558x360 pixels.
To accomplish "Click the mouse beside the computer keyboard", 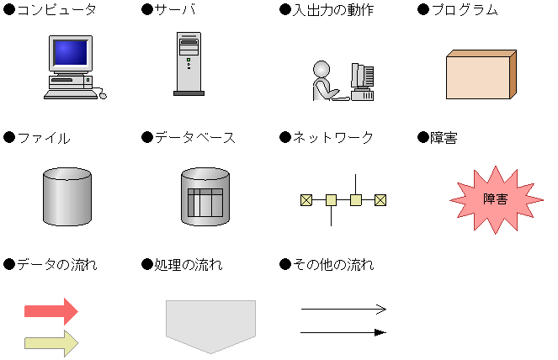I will coord(104,95).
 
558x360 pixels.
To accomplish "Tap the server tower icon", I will coord(189,62).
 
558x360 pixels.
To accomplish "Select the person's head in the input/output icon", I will coord(321,67).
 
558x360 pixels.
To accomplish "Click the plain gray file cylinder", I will coord(66,196).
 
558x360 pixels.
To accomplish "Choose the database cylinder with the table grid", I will coord(205,197).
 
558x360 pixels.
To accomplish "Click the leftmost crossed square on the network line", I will coord(306,200).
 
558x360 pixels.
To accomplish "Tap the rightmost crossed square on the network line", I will coord(380,200).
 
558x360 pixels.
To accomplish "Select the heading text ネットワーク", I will coord(332,138).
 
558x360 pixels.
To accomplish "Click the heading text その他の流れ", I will coord(332,265).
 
